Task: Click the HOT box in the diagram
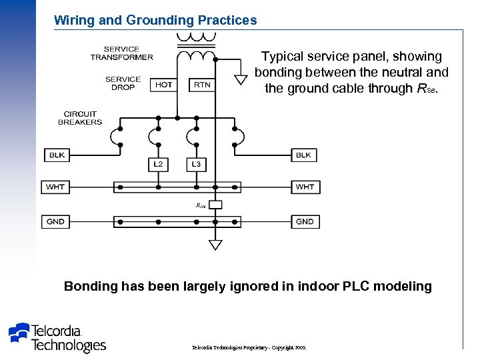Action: click(163, 85)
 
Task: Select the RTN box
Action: click(201, 85)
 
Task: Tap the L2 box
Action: click(158, 164)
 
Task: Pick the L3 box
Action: click(196, 164)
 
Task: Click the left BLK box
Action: click(57, 155)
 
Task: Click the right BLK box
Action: click(303, 155)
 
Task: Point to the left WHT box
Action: click(55, 187)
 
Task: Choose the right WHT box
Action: click(305, 187)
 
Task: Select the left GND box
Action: click(55, 221)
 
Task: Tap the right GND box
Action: click(305, 221)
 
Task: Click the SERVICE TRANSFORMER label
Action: click(122, 53)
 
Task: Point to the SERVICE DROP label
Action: click(123, 83)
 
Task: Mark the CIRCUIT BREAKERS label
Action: click(80, 118)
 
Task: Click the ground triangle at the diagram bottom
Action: click(215, 245)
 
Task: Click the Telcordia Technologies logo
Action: click(57, 337)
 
